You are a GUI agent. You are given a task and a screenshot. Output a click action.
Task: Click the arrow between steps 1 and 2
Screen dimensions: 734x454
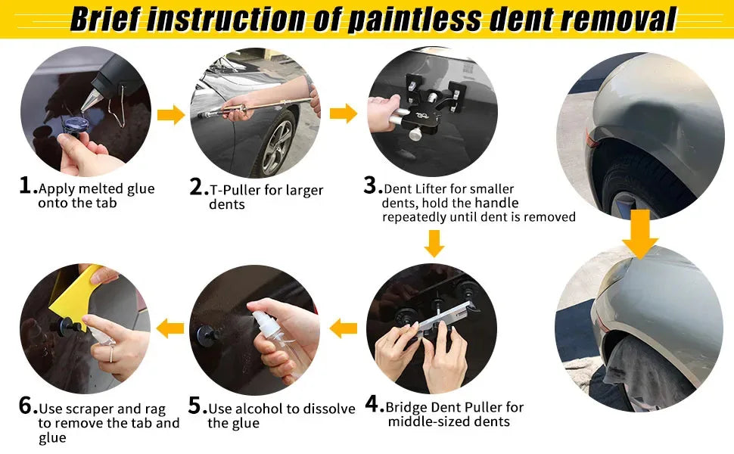[171, 115]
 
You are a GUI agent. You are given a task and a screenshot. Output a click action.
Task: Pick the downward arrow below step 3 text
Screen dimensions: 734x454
[434, 243]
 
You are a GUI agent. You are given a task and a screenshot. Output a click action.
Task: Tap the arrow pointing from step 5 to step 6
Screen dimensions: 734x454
[170, 328]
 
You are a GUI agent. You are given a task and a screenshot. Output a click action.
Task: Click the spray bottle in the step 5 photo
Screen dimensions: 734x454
[276, 342]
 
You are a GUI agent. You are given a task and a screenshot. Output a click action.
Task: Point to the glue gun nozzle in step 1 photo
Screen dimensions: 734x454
[90, 100]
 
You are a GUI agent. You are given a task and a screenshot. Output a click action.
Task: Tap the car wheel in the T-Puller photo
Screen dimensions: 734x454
[276, 143]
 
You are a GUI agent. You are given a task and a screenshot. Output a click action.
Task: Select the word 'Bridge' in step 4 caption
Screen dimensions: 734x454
[406, 408]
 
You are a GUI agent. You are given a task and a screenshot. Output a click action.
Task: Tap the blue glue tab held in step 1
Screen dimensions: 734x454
[76, 126]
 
